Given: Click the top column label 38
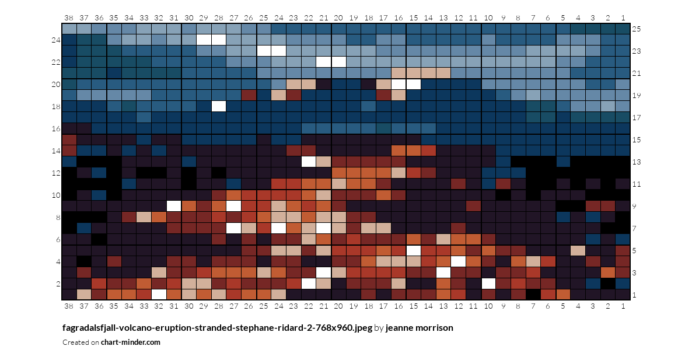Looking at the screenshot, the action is (x=68, y=18).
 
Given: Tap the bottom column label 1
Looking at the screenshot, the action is (x=623, y=306).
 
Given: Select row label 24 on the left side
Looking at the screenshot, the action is (x=55, y=40).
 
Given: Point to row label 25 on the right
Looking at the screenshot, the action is (x=637, y=29).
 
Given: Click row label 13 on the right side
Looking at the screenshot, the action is (x=637, y=162).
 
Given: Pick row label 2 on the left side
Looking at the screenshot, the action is (x=58, y=283).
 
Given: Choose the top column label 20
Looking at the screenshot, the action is (x=338, y=18).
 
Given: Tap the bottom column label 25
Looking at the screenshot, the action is (x=264, y=306).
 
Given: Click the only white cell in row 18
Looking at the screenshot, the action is (x=218, y=106).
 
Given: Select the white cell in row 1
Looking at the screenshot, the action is (x=159, y=294).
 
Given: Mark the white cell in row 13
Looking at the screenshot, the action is (x=309, y=162).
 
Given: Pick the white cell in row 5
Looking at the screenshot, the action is (x=414, y=250).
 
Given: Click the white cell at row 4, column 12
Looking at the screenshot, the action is (x=459, y=261).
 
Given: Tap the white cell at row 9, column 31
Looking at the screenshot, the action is (x=173, y=206).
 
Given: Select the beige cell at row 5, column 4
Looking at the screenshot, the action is (x=578, y=250).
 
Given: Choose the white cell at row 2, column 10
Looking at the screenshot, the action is (x=488, y=283).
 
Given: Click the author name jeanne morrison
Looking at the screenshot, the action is (x=420, y=328).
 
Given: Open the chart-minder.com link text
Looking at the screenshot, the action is (x=131, y=342).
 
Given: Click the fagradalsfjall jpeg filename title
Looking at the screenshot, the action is (x=217, y=328).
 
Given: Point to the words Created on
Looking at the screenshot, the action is (x=81, y=342).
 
